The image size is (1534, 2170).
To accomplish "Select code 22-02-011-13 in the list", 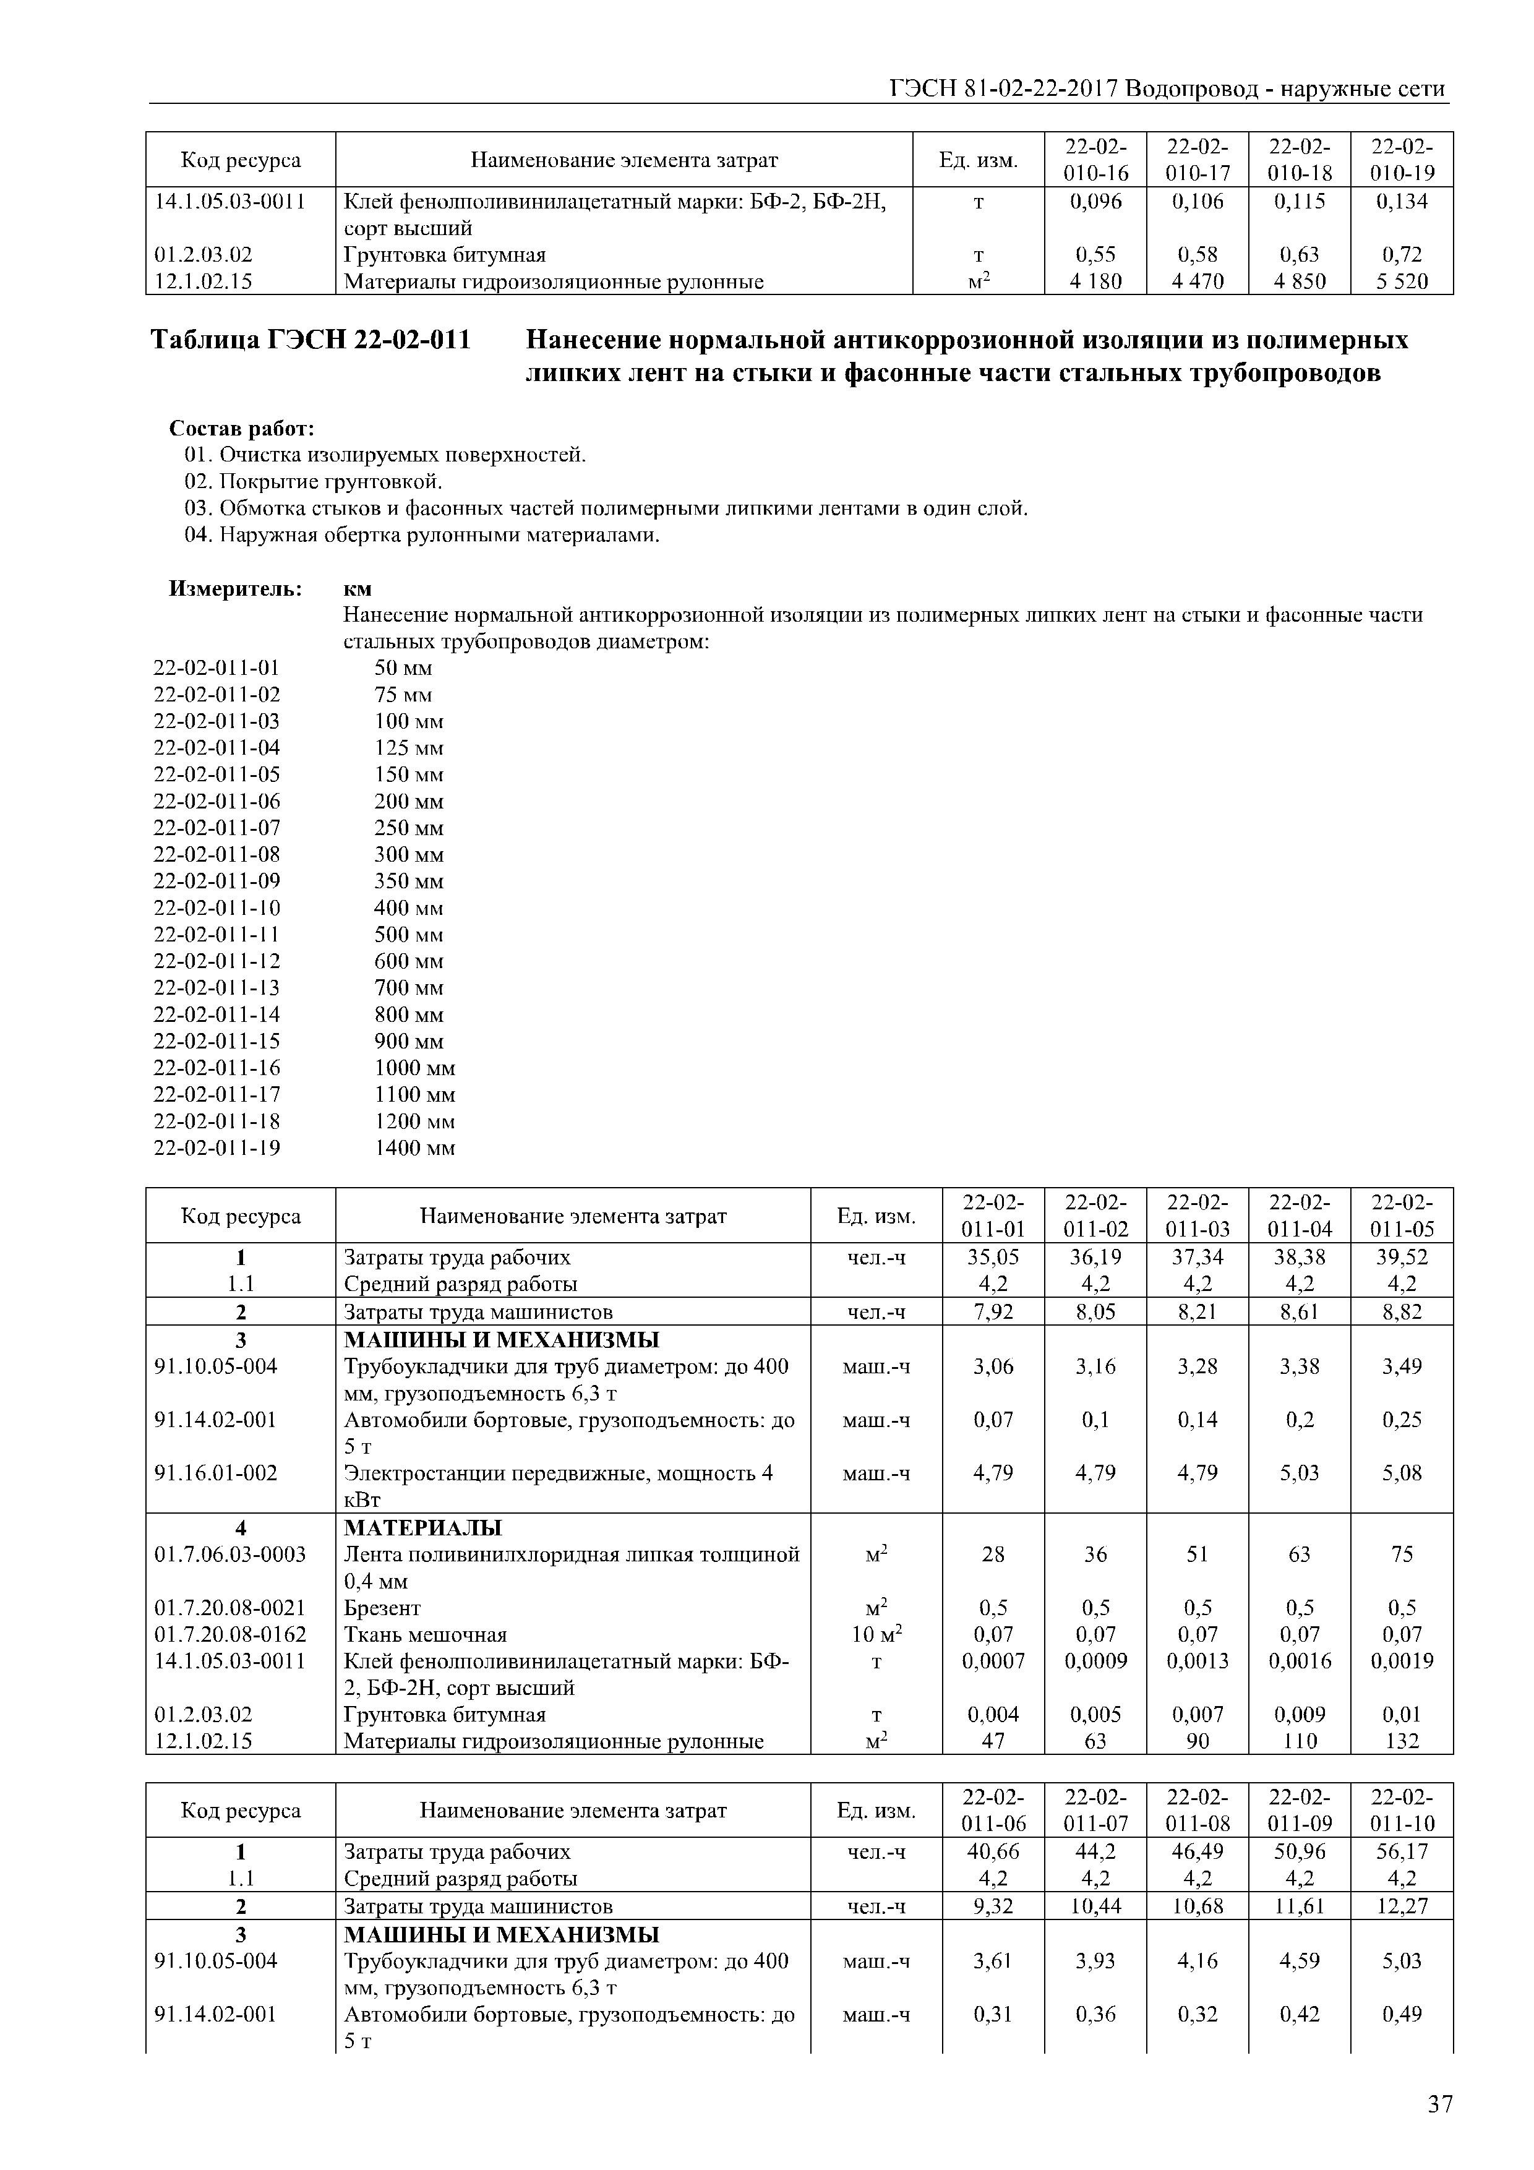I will [x=216, y=988].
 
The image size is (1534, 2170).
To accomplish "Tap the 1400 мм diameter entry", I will [x=414, y=1148].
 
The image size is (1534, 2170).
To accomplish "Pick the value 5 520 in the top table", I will [x=1402, y=281].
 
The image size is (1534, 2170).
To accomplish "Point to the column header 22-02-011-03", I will [x=1198, y=1216].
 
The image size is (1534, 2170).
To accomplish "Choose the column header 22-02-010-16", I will [x=1095, y=160].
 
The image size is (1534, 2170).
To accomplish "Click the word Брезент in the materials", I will [x=382, y=1608].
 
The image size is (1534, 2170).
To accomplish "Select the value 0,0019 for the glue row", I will [x=1402, y=1660].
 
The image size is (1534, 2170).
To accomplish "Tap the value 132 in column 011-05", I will [x=1402, y=1741].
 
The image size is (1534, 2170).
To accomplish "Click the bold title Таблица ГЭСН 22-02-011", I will [x=311, y=340].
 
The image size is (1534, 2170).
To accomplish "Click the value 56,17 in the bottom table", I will [x=1402, y=1851].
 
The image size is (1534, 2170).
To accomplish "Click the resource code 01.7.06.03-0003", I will [x=229, y=1555].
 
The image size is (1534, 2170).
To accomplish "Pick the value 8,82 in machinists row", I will [x=1402, y=1312].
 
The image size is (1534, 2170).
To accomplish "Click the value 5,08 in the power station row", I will [x=1402, y=1472].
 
